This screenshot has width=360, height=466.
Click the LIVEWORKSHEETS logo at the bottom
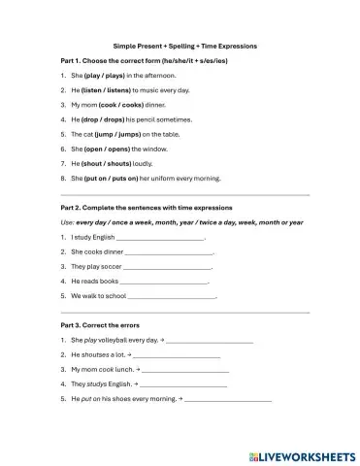300,453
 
